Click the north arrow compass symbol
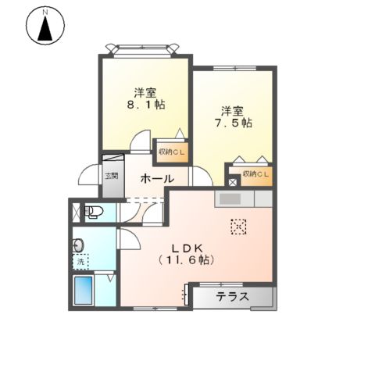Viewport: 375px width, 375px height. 45,26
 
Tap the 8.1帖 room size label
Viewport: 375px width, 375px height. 146,105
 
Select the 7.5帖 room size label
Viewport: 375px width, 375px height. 233,123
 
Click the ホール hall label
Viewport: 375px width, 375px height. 157,179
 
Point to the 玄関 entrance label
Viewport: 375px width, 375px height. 112,176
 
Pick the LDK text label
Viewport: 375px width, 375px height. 187,248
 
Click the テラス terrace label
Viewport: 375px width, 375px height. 233,297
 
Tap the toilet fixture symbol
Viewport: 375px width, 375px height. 93,211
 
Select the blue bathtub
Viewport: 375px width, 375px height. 84,291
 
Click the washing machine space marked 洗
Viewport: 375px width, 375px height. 80,262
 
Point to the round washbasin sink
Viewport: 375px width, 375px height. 78,245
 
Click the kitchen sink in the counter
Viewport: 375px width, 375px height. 230,199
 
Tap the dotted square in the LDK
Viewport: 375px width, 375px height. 238,227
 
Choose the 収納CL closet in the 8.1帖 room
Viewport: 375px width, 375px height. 172,152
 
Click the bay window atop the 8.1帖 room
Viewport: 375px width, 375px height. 143,49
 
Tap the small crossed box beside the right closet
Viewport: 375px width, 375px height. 233,181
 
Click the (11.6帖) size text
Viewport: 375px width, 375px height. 186,259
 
